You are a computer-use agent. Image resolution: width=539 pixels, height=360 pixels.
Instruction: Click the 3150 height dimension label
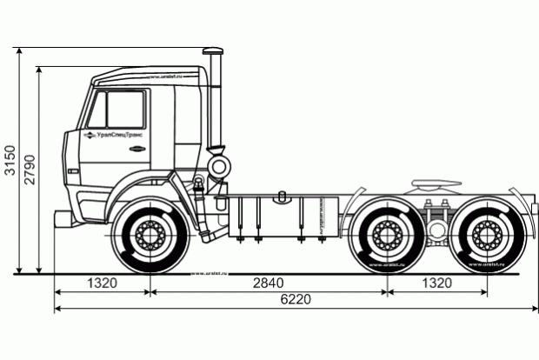point(9,160)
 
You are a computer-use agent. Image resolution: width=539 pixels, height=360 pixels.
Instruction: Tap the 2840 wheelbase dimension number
point(268,283)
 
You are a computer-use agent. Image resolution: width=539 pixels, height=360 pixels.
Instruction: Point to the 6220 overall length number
point(296,300)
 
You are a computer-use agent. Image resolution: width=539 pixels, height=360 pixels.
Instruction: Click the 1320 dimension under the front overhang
point(103,283)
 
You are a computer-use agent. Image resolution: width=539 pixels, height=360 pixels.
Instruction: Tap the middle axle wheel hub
point(385,235)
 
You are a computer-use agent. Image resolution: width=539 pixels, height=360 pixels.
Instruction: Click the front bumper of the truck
point(63,218)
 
